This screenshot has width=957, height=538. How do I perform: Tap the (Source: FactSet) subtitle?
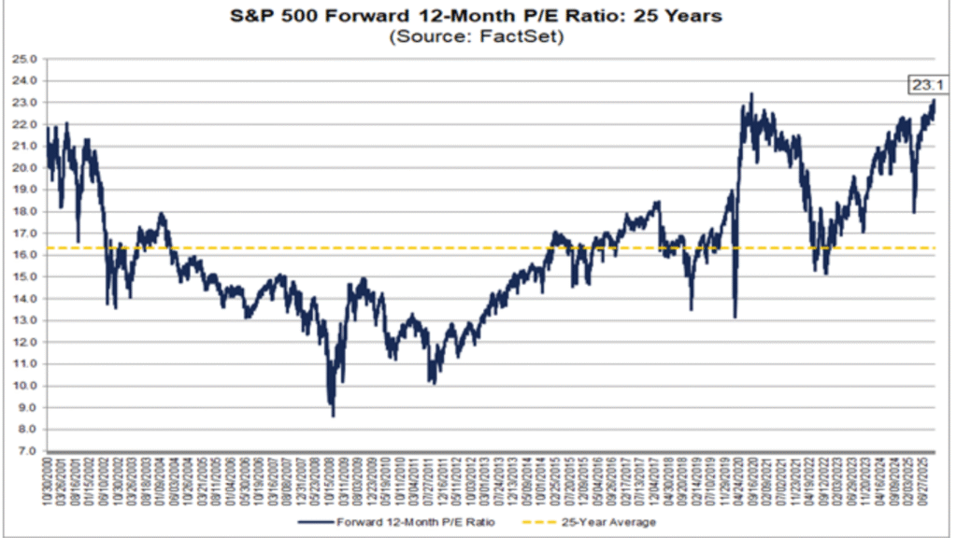click(x=478, y=37)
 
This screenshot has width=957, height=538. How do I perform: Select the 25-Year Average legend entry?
click(x=608, y=522)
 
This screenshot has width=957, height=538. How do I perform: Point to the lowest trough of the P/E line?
click(x=333, y=415)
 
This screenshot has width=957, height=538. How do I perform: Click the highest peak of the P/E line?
click(x=751, y=93)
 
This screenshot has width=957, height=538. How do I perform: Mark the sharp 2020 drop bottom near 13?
click(x=735, y=317)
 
